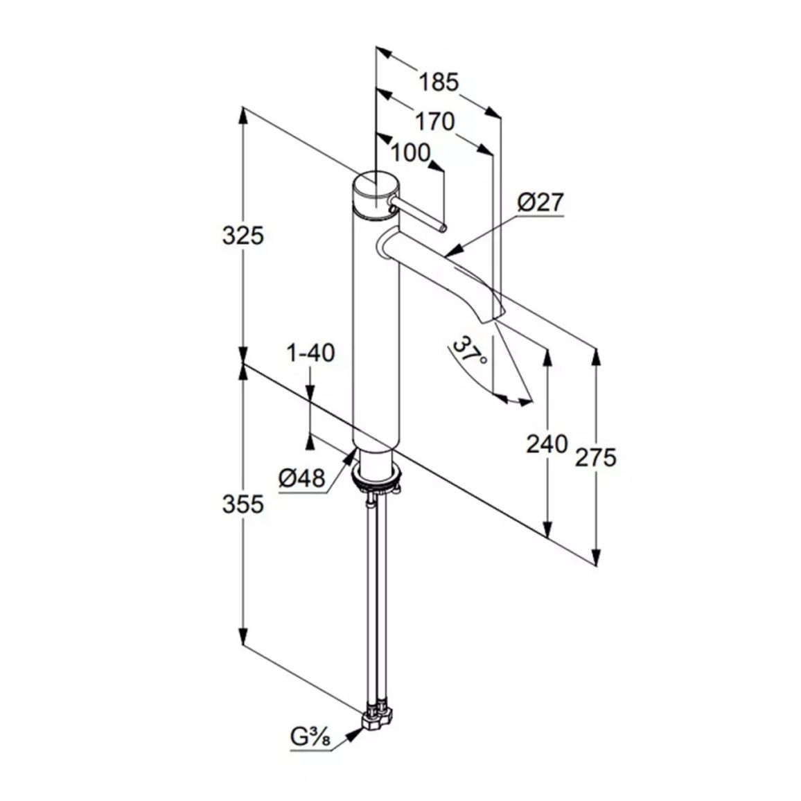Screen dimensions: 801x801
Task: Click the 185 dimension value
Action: pyautogui.click(x=439, y=82)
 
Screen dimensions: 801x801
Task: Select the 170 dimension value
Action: pyautogui.click(x=434, y=121)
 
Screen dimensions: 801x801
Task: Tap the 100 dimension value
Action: pyautogui.click(x=410, y=152)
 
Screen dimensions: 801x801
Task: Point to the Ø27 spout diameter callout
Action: pyautogui.click(x=540, y=202)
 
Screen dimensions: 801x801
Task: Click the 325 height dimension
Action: pyautogui.click(x=243, y=236)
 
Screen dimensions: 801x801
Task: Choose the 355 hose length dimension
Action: pyautogui.click(x=243, y=504)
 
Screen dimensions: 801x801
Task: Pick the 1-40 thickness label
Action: pyautogui.click(x=310, y=353)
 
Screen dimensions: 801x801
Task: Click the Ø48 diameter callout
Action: pyautogui.click(x=302, y=478)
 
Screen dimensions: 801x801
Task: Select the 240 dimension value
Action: pyautogui.click(x=547, y=444)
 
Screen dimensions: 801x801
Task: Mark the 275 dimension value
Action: pyautogui.click(x=596, y=457)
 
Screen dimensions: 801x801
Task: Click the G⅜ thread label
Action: pyautogui.click(x=310, y=737)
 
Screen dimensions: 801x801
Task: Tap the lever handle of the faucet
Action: pyautogui.click(x=417, y=215)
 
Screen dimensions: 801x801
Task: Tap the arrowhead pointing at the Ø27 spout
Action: pyautogui.click(x=454, y=250)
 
